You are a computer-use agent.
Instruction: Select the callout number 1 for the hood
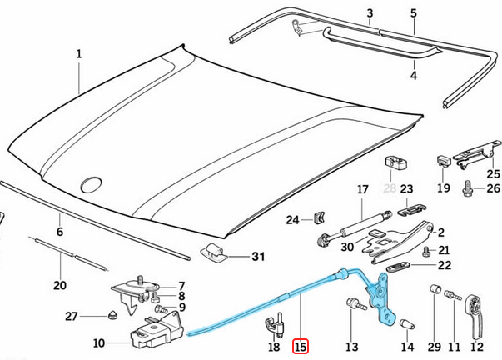79,55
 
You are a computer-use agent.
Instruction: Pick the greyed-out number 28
389,190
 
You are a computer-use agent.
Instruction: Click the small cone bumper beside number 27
112,316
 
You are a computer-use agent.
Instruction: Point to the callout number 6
59,232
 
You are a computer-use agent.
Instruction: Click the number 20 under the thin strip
59,286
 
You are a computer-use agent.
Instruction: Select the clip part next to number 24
317,220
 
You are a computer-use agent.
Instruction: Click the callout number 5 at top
413,14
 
